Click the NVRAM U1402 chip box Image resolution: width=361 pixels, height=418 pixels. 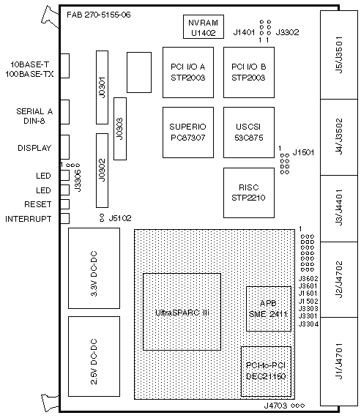[x=204, y=26]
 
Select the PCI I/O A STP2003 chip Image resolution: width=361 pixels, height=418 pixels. [x=188, y=72]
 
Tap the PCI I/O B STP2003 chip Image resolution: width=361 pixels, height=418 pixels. [x=249, y=72]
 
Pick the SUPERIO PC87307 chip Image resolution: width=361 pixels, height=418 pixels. [x=188, y=133]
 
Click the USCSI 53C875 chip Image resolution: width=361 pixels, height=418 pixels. [x=249, y=133]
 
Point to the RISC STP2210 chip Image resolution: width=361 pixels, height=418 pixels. [x=249, y=193]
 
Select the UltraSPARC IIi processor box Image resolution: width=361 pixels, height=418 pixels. [x=182, y=312]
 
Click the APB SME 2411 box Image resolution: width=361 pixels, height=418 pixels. [x=269, y=309]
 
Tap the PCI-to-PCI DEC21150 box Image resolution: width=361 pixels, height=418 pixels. [x=266, y=371]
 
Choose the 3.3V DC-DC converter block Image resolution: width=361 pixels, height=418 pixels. [x=94, y=268]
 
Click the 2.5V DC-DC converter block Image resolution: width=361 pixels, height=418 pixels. [x=94, y=357]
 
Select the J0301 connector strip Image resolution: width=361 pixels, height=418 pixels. [x=102, y=87]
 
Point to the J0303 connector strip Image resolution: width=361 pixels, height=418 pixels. [x=120, y=129]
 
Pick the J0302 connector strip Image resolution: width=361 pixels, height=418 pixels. [x=102, y=171]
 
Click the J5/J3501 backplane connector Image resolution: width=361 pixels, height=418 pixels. [x=339, y=55]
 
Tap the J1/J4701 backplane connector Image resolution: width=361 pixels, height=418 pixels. [x=339, y=362]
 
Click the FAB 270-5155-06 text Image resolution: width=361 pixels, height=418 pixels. [x=99, y=15]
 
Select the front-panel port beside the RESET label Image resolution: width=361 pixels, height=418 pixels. [x=65, y=204]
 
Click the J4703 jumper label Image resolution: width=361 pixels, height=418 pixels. [x=275, y=406]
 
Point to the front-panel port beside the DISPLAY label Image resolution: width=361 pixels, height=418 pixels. [x=65, y=147]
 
